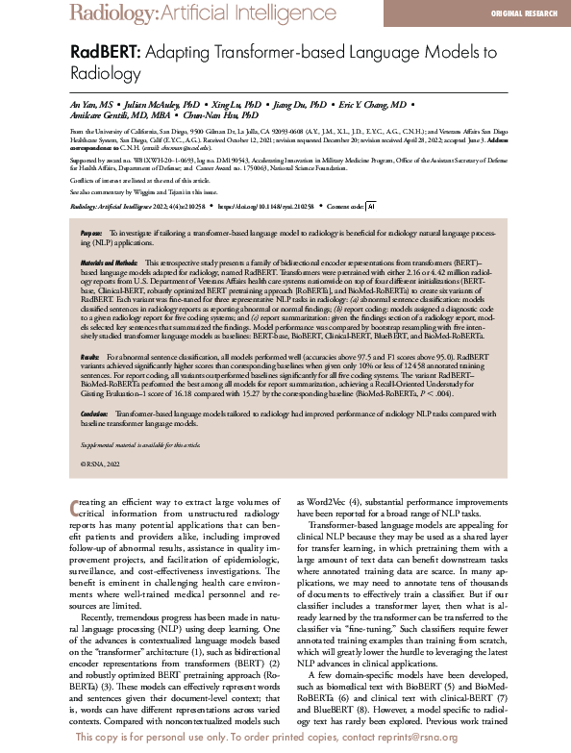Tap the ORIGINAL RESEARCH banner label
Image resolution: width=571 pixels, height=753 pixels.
523,13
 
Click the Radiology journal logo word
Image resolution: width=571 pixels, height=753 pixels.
110,13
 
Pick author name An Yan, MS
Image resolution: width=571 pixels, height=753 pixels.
96,102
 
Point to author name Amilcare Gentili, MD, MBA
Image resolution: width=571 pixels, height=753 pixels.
120,114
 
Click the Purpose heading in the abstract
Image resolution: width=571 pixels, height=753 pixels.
91,234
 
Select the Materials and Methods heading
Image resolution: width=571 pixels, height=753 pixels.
110,263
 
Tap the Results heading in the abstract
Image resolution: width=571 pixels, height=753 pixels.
90,356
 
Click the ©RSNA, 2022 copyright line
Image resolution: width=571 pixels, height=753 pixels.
101,464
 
